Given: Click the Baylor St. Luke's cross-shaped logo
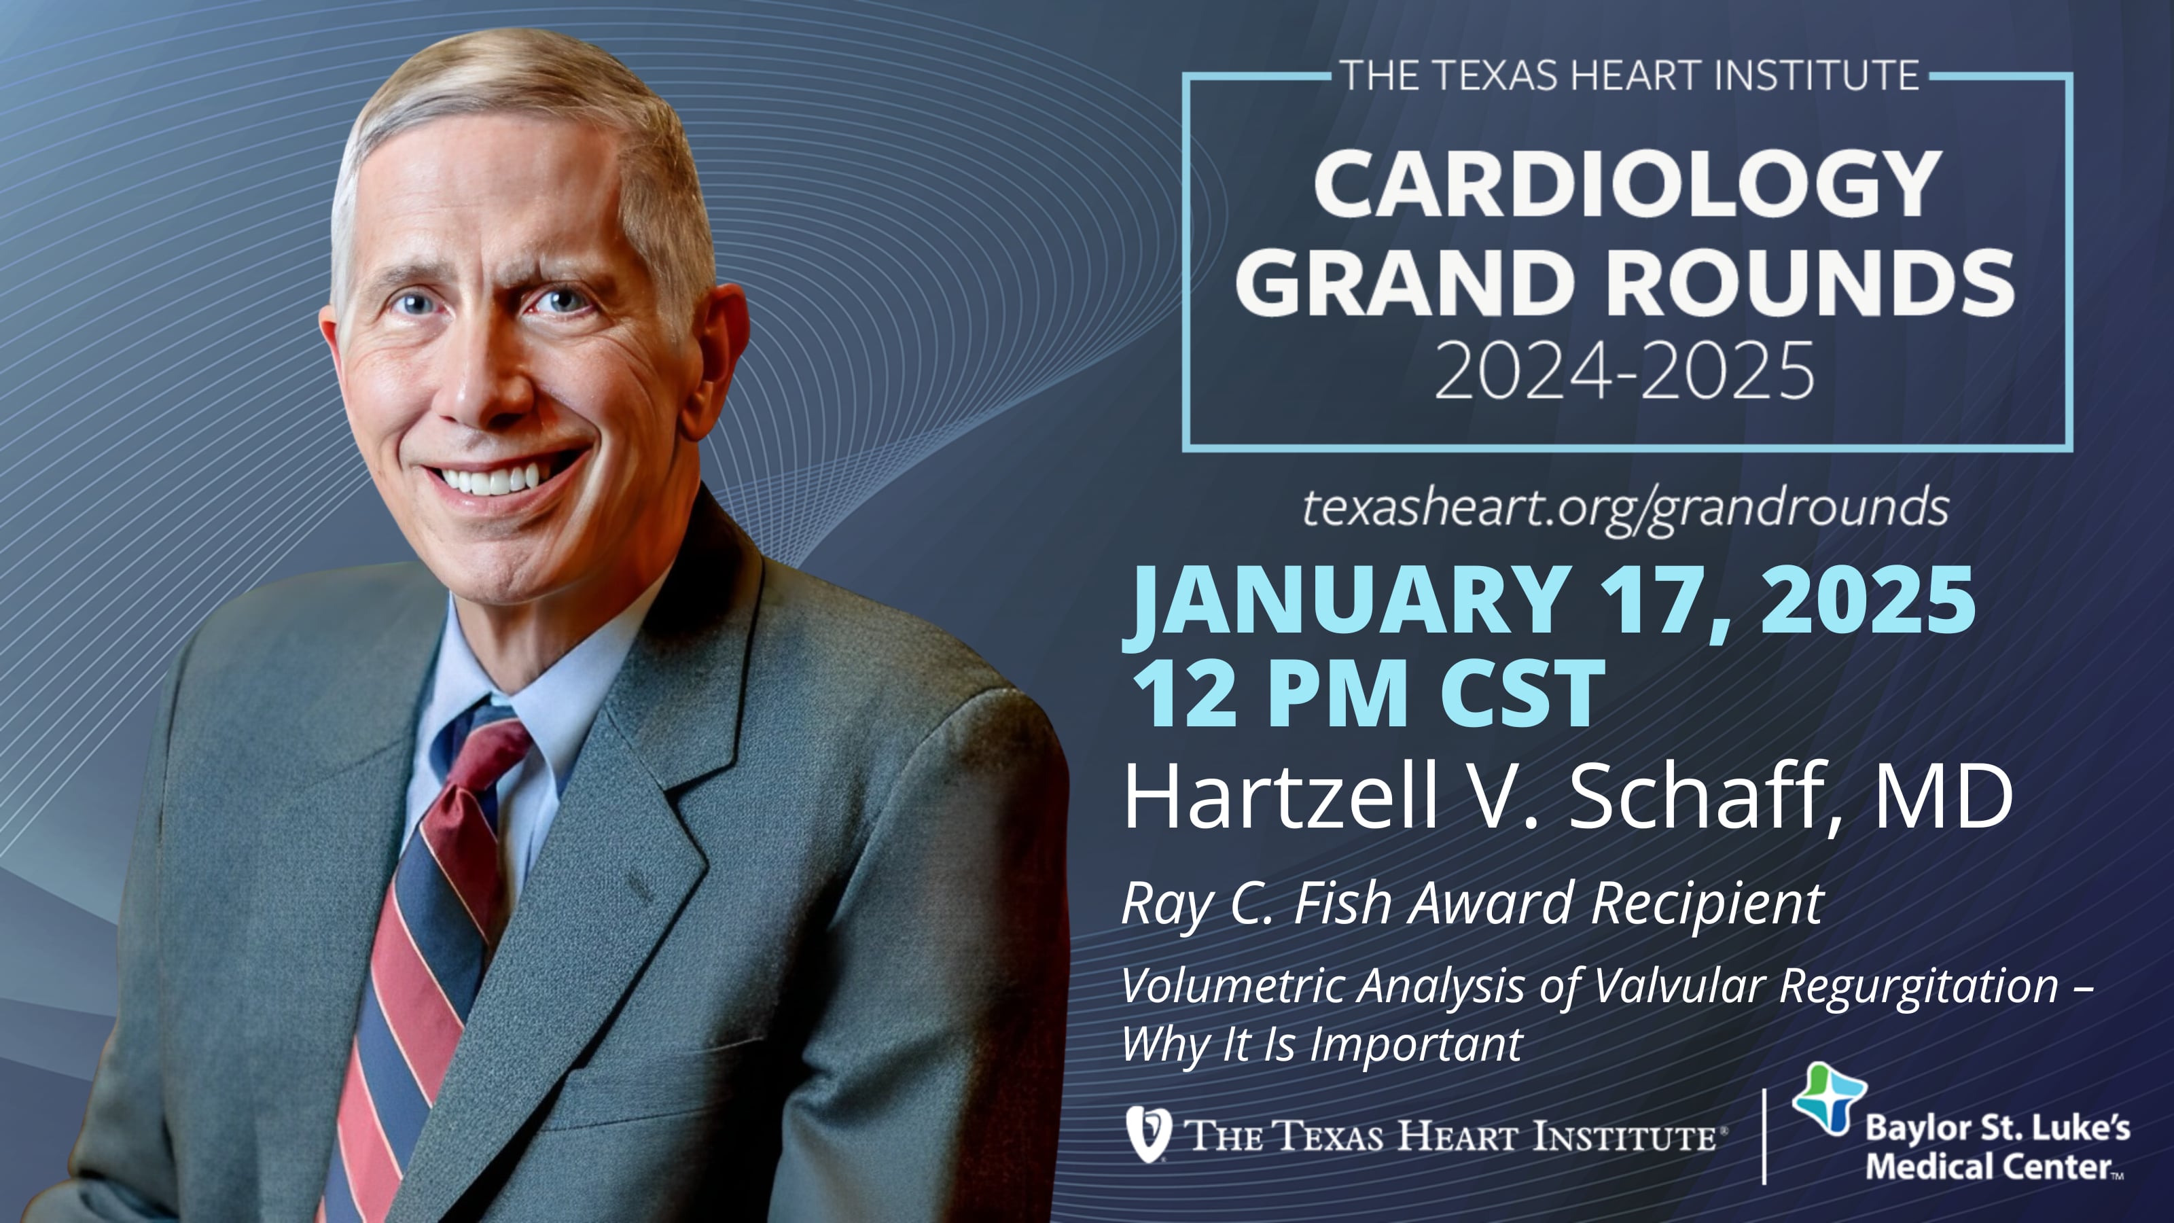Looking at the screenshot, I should [1829, 1097].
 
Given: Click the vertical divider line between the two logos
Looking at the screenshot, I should [1764, 1136].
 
